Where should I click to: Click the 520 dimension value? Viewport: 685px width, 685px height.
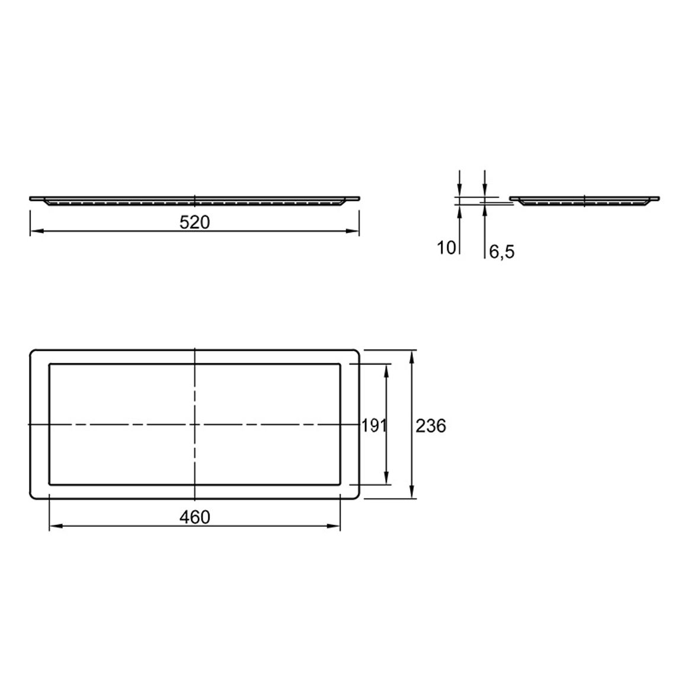coord(195,222)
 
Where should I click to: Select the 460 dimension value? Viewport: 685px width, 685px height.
coord(195,517)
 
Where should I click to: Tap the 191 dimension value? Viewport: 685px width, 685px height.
coord(374,425)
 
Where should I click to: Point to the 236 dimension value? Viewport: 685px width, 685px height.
coord(431,425)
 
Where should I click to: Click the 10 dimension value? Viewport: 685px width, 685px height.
coord(446,248)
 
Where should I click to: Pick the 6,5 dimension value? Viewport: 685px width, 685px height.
coord(502,252)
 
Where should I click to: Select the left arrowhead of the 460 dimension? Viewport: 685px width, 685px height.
coord(56,526)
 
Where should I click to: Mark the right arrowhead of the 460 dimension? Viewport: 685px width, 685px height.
coord(334,526)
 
